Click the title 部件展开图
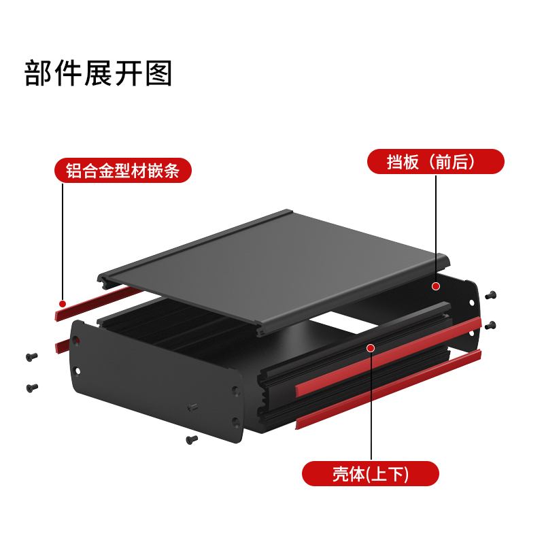[x=99, y=73]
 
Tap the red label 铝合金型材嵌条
[x=122, y=170]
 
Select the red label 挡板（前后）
[x=435, y=162]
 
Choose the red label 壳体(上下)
[x=370, y=473]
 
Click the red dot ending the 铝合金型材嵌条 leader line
[x=63, y=303]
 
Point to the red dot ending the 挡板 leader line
[x=435, y=287]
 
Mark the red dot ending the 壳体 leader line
[x=371, y=348]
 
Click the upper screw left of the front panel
[x=31, y=356]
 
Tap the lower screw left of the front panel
[x=31, y=388]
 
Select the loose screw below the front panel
[x=191, y=440]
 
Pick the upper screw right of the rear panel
[x=491, y=295]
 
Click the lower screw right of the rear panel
[x=491, y=325]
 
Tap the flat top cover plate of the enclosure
[x=279, y=265]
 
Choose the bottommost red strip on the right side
[x=388, y=390]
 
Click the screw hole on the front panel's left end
[x=77, y=371]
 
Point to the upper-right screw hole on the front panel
[x=236, y=391]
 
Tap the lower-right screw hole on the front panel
[x=235, y=421]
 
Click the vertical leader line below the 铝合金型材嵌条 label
[x=63, y=238]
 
